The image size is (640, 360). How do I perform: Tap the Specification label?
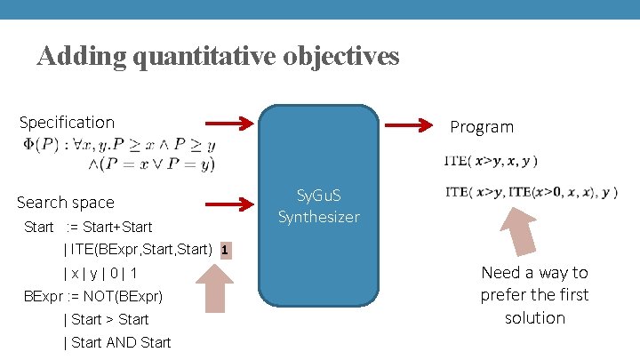tap(67, 122)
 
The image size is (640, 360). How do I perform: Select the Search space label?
tap(66, 203)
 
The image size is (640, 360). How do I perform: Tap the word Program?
tap(481, 127)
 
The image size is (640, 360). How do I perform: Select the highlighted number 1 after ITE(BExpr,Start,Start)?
tap(225, 250)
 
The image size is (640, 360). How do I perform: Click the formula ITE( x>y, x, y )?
tap(490, 162)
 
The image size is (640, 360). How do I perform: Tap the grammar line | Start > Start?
tap(107, 319)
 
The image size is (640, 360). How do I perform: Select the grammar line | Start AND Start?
tap(117, 342)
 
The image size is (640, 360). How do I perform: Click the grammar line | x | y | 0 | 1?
tap(100, 273)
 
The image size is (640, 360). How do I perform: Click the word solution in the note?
tap(534, 317)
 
